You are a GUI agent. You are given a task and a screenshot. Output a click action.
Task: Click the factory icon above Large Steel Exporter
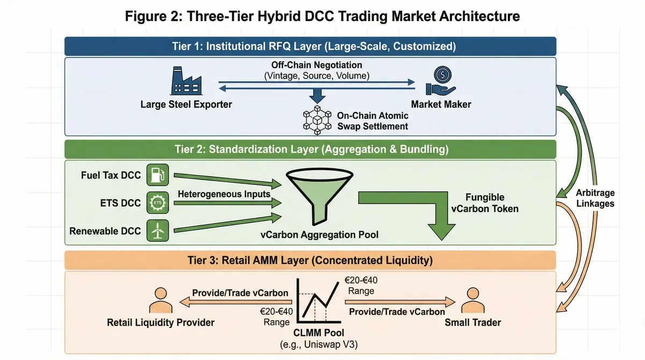pos(185,82)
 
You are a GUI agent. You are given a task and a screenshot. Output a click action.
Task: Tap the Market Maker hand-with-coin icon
pos(441,81)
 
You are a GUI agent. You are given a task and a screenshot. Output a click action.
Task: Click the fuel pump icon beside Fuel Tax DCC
pos(157,175)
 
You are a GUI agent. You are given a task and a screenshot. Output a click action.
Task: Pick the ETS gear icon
pos(157,203)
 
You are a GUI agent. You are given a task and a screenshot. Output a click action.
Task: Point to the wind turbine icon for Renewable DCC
pos(157,231)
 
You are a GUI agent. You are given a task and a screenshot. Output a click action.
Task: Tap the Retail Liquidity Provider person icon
pos(160,301)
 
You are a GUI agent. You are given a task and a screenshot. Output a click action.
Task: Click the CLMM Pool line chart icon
pos(317,299)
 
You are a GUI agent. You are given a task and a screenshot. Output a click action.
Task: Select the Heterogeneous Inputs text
pos(224,194)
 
